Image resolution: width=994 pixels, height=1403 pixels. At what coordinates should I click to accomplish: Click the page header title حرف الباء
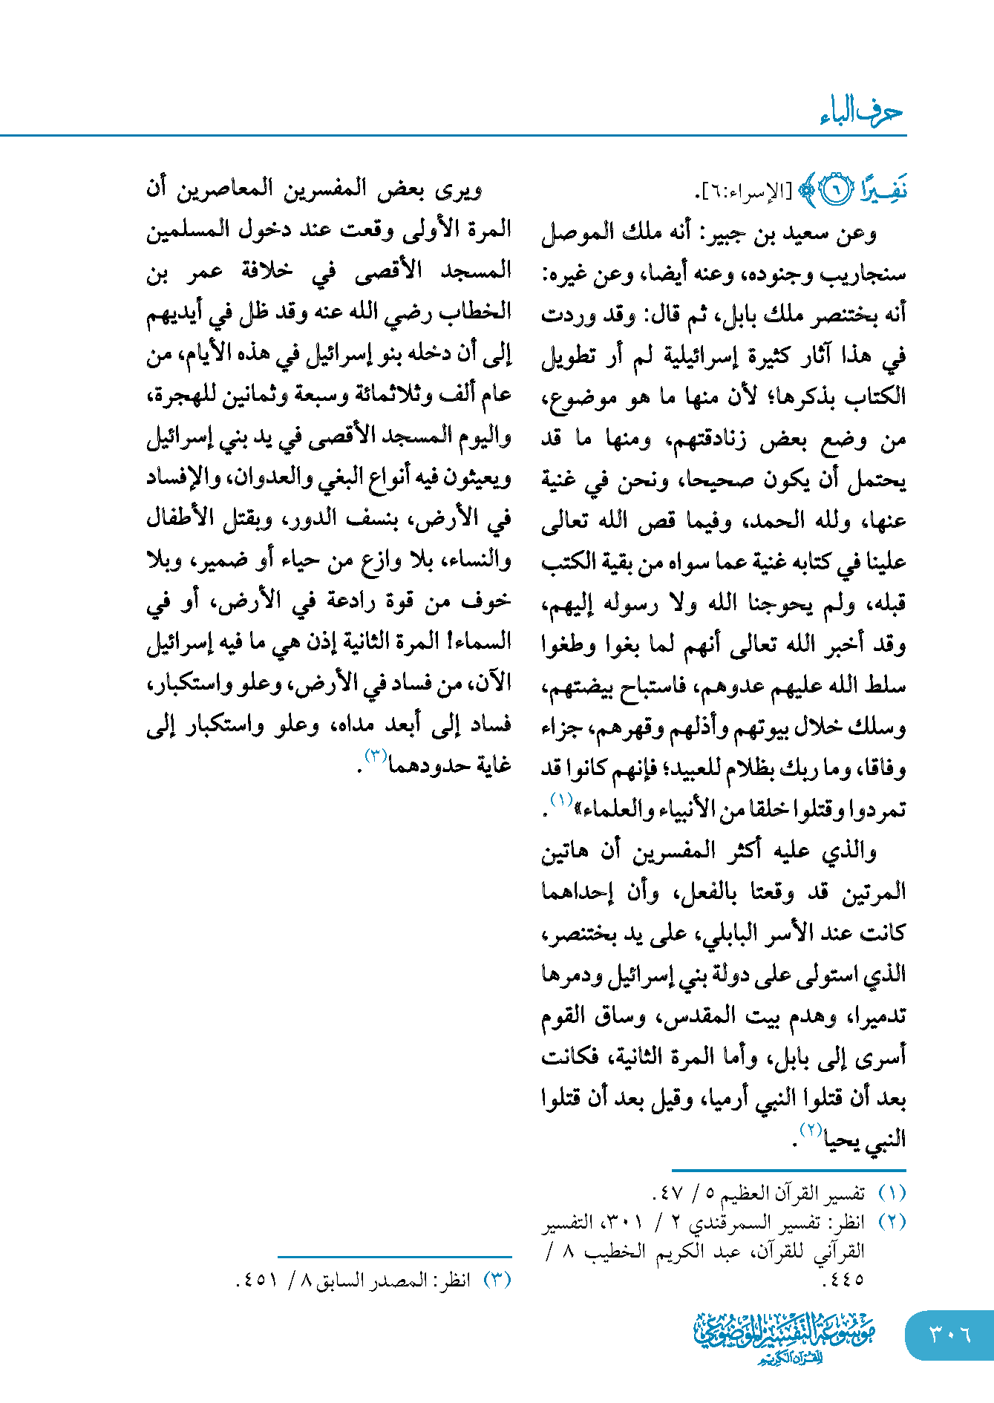click(x=861, y=113)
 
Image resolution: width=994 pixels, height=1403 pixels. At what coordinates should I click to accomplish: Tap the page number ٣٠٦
click(x=949, y=1334)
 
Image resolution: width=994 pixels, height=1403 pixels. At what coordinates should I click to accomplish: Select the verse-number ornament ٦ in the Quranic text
click(x=837, y=192)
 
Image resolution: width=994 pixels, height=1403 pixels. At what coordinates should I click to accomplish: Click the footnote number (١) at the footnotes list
click(x=892, y=1193)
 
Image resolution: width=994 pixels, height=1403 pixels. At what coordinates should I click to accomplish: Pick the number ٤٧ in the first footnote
click(x=670, y=1193)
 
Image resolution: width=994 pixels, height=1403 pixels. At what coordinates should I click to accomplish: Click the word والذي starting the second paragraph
click(x=849, y=851)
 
